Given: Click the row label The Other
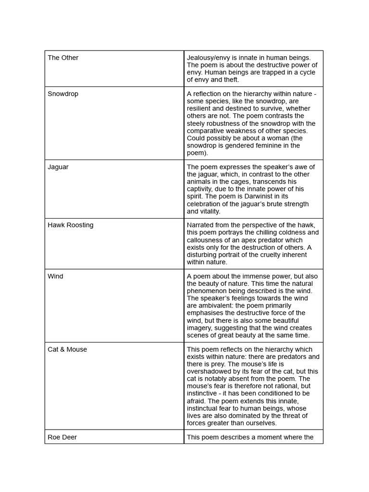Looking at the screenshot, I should point(63,58).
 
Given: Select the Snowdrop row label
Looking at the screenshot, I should point(63,94).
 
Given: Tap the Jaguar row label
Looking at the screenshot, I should point(58,167).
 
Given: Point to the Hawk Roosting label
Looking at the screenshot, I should point(71,225).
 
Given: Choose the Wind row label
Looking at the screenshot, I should point(55,276).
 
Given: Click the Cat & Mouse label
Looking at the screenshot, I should point(67,349).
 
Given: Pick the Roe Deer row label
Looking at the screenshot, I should point(62,437).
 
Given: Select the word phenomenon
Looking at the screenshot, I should point(208,291).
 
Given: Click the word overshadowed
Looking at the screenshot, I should point(210,371).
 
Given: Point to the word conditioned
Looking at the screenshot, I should point(267,394).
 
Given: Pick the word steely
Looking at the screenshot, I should point(197,123).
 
